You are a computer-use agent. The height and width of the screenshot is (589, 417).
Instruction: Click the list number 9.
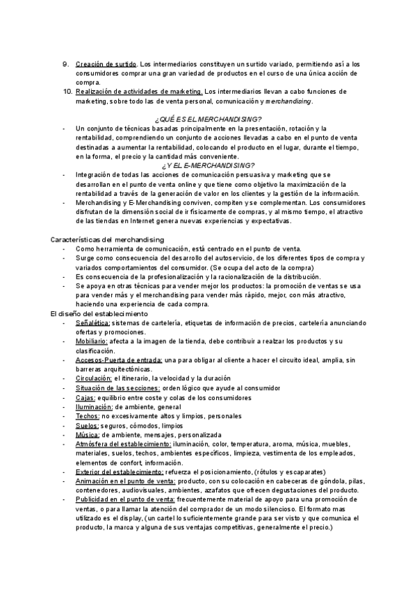pyautogui.click(x=66, y=65)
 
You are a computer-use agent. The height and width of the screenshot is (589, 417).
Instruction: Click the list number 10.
pyautogui.click(x=67, y=92)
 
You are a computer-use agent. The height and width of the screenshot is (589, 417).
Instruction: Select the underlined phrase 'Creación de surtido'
pyautogui.click(x=106, y=65)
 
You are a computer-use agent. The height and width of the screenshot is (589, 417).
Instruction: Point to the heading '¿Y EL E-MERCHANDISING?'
pyautogui.click(x=208, y=165)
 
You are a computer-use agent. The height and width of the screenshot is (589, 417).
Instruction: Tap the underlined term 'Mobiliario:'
pyautogui.click(x=92, y=342)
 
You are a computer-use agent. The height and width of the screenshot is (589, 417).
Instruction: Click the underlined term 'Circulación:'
pyautogui.click(x=94, y=379)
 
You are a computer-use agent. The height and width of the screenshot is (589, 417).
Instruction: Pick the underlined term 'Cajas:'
pyautogui.click(x=85, y=397)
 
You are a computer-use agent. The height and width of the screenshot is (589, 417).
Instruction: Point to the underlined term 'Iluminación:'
pyautogui.click(x=95, y=406)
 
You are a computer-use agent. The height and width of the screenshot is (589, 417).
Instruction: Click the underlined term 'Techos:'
pyautogui.click(x=88, y=415)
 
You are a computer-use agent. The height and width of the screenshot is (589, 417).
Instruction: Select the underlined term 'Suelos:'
pyautogui.click(x=88, y=425)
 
